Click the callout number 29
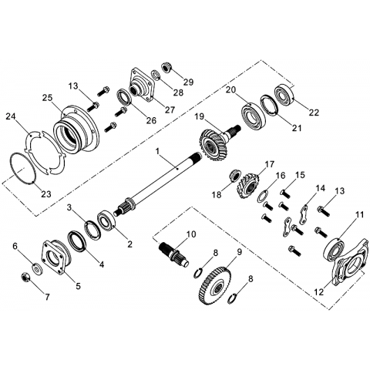click(x=188, y=82)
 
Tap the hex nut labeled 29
click(x=166, y=67)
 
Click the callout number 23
click(x=46, y=193)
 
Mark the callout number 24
click(x=11, y=116)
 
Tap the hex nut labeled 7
click(x=25, y=277)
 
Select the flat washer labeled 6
click(x=39, y=270)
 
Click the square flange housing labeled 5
click(x=55, y=257)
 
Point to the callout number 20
click(x=230, y=90)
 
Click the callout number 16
click(x=281, y=176)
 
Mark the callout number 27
click(x=170, y=109)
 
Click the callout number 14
click(x=320, y=189)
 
